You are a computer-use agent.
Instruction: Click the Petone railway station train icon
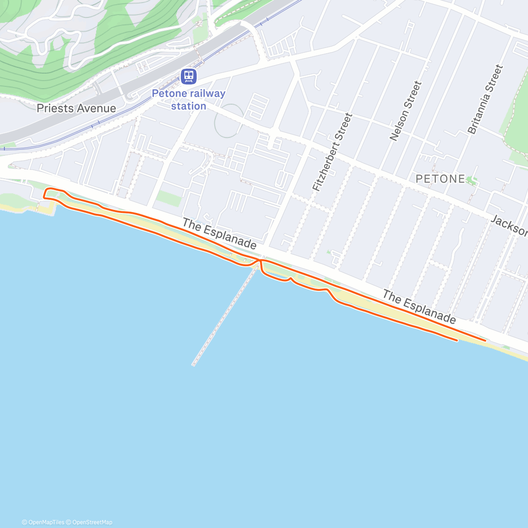[x=189, y=76]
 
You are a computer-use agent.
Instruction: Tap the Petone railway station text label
[x=188, y=99]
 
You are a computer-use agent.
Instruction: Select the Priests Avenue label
[x=77, y=108]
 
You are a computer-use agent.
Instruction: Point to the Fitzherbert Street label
[x=333, y=152]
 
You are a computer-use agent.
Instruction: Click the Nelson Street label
[x=406, y=111]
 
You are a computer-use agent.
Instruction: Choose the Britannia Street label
[x=485, y=99]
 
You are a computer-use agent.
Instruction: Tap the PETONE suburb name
[x=440, y=179]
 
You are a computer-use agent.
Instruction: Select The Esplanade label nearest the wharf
[x=219, y=233]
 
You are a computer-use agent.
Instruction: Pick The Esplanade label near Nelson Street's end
[x=418, y=307]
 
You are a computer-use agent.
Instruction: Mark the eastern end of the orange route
[x=485, y=340]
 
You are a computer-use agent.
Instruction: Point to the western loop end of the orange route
[x=44, y=194]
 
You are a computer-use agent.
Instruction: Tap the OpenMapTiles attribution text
[x=43, y=522]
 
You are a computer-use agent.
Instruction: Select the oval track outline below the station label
[x=228, y=120]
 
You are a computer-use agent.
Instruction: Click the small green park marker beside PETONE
[x=472, y=180]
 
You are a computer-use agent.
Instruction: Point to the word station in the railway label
[x=188, y=106]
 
